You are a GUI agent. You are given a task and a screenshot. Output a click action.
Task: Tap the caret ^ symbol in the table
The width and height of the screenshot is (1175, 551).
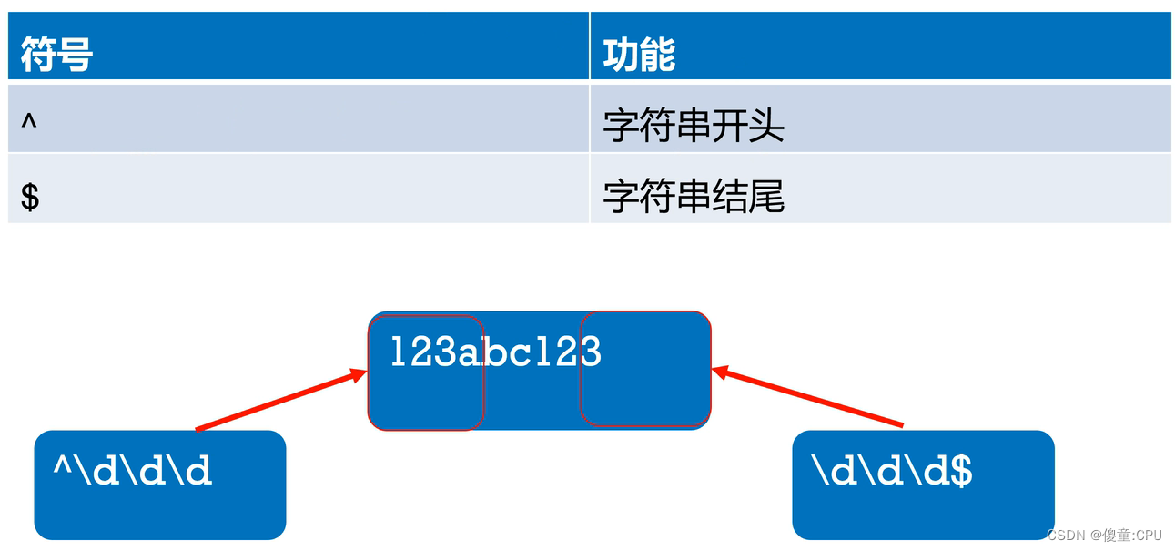(x=29, y=123)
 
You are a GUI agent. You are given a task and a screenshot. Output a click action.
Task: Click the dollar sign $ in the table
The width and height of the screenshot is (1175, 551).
(x=30, y=196)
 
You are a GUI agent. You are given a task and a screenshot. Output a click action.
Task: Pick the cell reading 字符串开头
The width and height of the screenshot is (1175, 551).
(x=694, y=126)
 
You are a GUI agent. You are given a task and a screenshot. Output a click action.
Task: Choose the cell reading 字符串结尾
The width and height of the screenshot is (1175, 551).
(x=694, y=197)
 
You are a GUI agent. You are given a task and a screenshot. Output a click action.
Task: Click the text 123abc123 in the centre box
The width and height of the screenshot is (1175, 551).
(x=496, y=352)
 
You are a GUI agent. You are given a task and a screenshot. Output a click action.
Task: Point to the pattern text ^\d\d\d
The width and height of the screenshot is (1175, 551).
(x=133, y=471)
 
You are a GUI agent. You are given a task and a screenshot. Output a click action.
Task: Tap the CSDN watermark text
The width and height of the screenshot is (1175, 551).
(x=1104, y=535)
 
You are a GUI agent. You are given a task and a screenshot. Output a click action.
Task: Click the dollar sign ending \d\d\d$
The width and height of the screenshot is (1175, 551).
(x=961, y=471)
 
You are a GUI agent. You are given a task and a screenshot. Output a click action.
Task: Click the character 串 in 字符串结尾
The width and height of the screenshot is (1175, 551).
(x=694, y=197)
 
